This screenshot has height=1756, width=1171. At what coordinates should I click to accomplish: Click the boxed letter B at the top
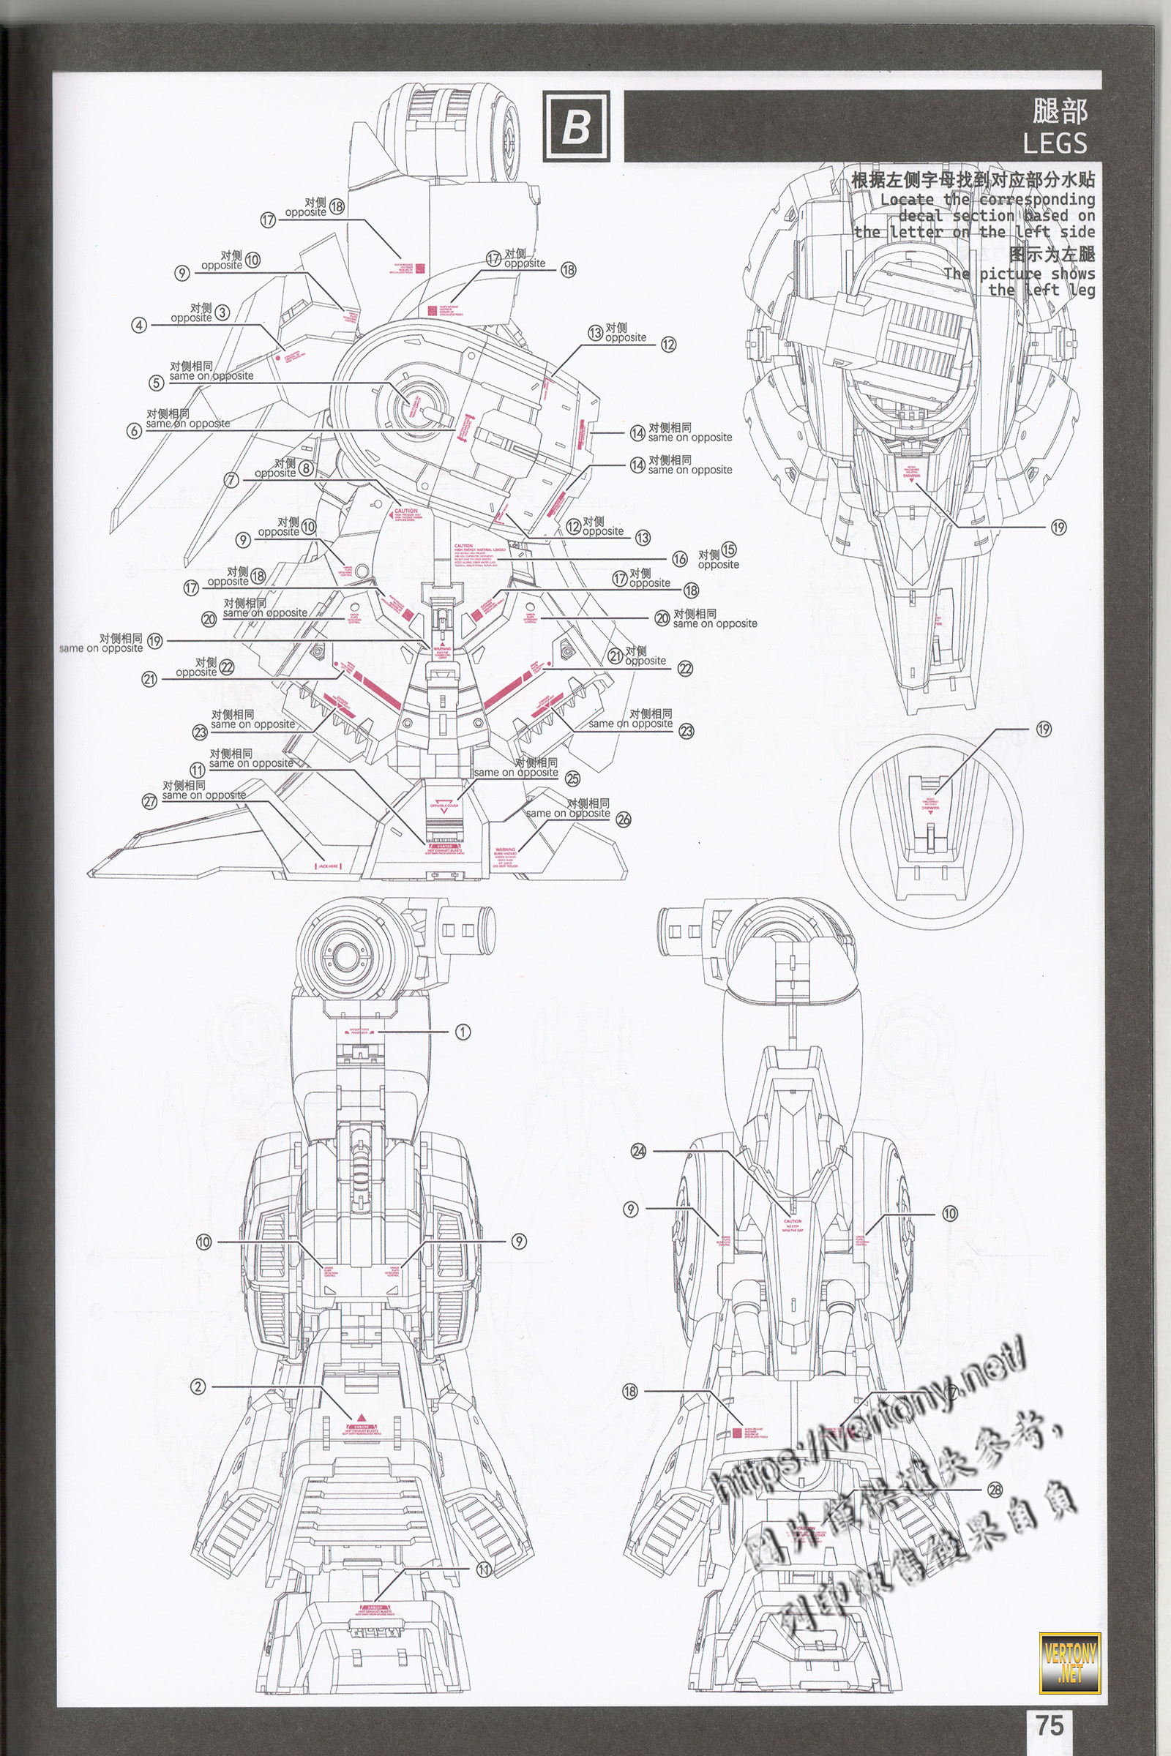click(575, 127)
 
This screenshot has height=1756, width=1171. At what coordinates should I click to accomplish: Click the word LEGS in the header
click(1054, 143)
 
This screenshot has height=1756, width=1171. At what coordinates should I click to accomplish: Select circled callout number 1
click(463, 1032)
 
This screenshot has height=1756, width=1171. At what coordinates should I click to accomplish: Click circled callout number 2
click(197, 1387)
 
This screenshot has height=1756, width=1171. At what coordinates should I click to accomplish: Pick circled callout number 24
click(638, 1150)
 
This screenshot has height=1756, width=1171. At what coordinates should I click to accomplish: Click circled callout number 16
click(680, 558)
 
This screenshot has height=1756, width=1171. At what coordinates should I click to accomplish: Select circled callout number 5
click(155, 383)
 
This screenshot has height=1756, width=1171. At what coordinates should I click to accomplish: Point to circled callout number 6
click(134, 431)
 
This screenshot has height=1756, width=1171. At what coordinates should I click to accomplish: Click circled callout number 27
click(149, 802)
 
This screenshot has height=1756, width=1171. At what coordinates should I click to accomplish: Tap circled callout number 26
click(624, 819)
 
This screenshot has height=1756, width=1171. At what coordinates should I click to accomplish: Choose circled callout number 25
click(572, 778)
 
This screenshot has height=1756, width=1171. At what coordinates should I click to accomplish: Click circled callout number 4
click(139, 325)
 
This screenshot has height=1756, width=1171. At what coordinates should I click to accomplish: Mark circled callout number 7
click(231, 480)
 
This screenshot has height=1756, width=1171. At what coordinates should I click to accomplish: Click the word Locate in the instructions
click(907, 200)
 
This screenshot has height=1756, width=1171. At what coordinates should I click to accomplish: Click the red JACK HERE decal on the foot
click(328, 867)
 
